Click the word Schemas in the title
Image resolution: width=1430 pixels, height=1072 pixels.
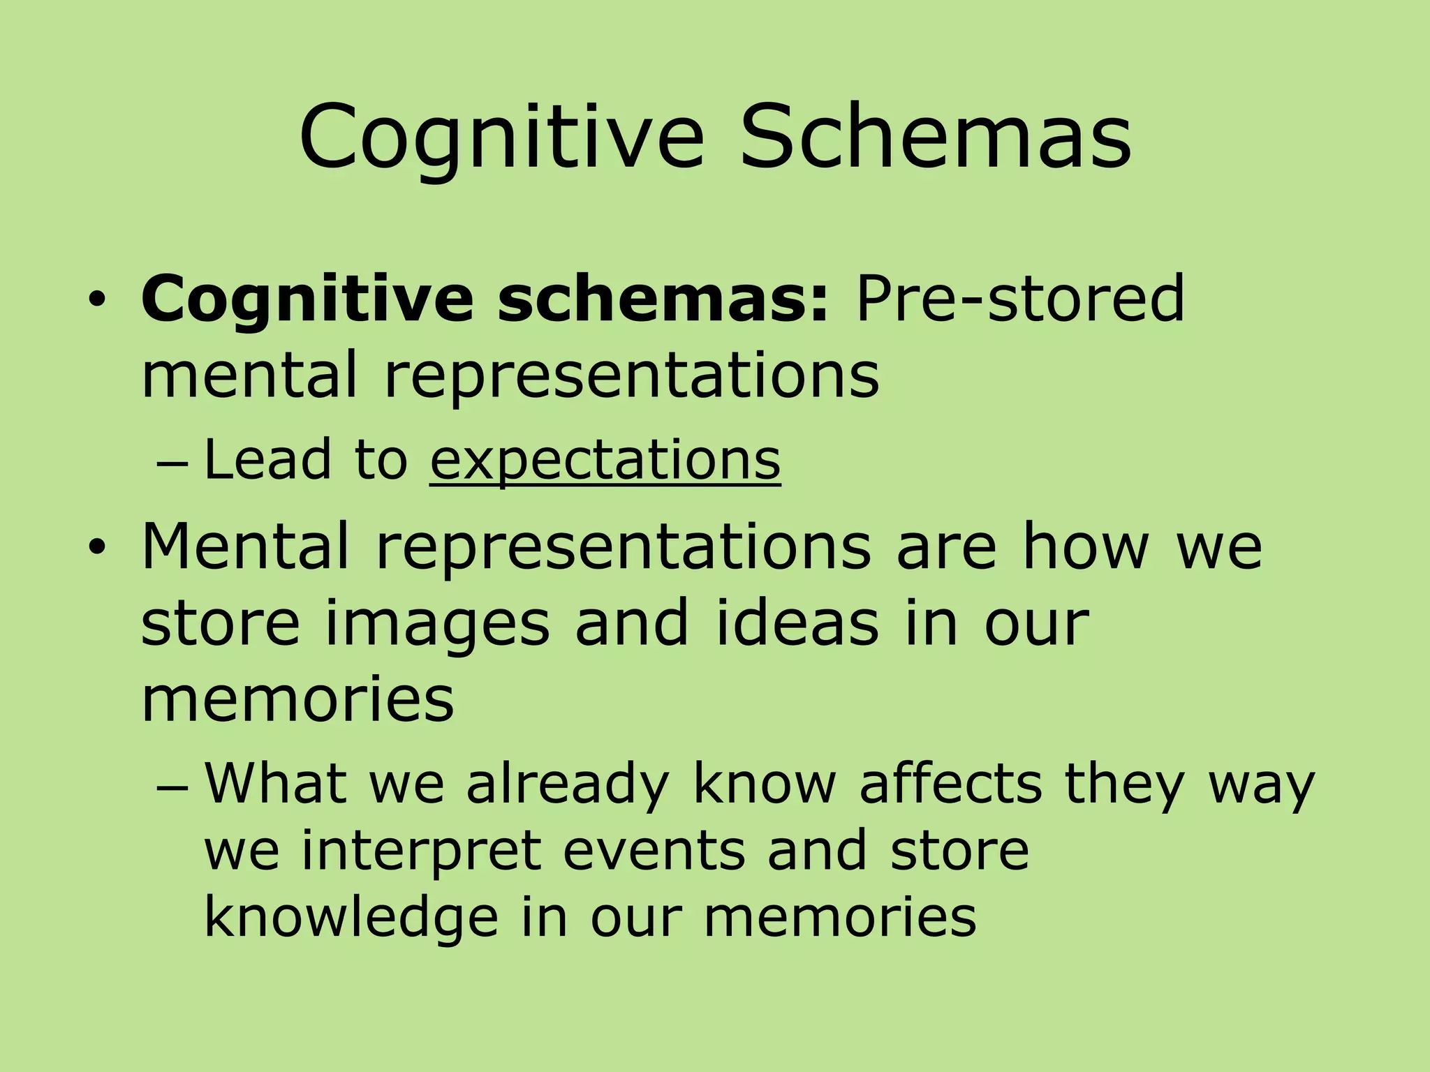pos(936,136)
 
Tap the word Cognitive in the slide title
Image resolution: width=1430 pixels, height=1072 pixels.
pos(501,136)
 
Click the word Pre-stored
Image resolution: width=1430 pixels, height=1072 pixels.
pos(1019,299)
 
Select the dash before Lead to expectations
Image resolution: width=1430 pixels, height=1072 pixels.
pos(169,464)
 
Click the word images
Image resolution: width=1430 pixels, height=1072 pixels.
pos(437,623)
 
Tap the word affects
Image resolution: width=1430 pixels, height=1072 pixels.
pos(950,783)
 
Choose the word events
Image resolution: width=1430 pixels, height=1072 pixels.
pos(654,850)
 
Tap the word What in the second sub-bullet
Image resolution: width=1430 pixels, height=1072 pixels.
pos(275,783)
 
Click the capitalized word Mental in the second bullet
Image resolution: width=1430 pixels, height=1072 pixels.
pos(245,546)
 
